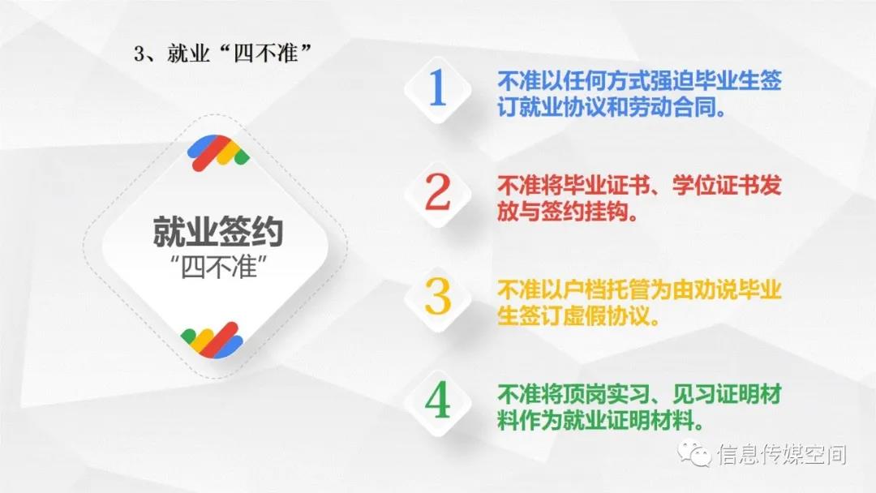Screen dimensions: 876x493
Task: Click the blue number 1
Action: (x=437, y=88)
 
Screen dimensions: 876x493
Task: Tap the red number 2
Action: (x=437, y=193)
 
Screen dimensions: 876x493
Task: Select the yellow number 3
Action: (x=437, y=298)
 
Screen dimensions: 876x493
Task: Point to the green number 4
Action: (x=437, y=401)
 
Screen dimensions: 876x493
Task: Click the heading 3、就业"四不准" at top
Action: (x=222, y=54)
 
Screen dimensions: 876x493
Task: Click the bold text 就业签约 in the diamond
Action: (x=218, y=232)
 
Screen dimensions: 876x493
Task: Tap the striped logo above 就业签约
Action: (x=218, y=152)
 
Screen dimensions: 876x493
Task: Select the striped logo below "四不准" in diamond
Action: (x=212, y=340)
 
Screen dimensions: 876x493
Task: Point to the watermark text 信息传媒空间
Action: (x=782, y=454)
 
